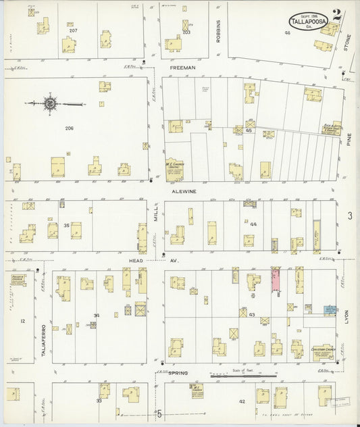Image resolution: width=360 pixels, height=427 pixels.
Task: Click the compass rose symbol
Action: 50,104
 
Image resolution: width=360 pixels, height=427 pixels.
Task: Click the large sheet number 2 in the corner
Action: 336,17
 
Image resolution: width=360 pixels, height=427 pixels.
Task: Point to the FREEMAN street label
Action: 182,68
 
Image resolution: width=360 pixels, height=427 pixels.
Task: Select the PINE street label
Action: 349,141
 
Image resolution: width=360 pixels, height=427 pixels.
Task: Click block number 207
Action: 73,31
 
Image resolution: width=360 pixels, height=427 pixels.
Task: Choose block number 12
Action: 22,321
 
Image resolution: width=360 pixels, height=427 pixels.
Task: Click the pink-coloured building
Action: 276,280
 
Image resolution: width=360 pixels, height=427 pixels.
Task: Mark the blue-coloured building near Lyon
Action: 329,309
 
